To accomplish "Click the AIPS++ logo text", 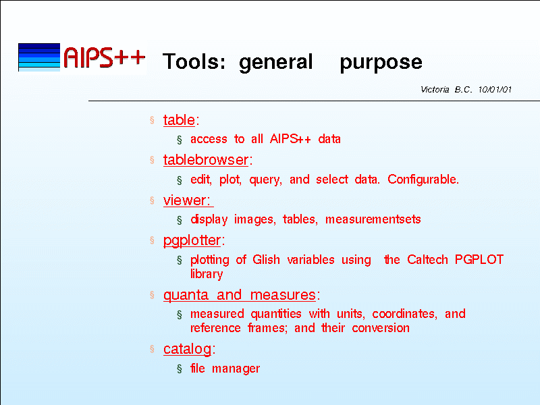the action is pos(104,57).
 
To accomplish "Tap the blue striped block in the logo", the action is pos(39,57).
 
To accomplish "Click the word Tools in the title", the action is pos(194,61).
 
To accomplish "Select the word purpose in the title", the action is pos(381,63).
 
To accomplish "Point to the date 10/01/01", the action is pos(495,90).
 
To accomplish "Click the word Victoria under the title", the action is pos(435,90).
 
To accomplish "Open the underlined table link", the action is pos(179,120).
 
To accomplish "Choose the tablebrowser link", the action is pos(206,160).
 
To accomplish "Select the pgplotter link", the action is pos(192,240).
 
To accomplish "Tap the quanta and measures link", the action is pos(240,295).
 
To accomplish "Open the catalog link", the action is pos(188,349).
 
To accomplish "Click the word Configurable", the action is pos(423,180).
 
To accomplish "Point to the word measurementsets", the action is pos(373,219).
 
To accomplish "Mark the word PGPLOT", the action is pos(479,259).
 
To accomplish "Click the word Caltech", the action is pos(427,259).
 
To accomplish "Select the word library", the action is pos(207,274).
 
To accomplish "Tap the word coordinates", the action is pos(404,314).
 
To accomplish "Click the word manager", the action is pos(236,369).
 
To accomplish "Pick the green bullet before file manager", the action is pos(180,369).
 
